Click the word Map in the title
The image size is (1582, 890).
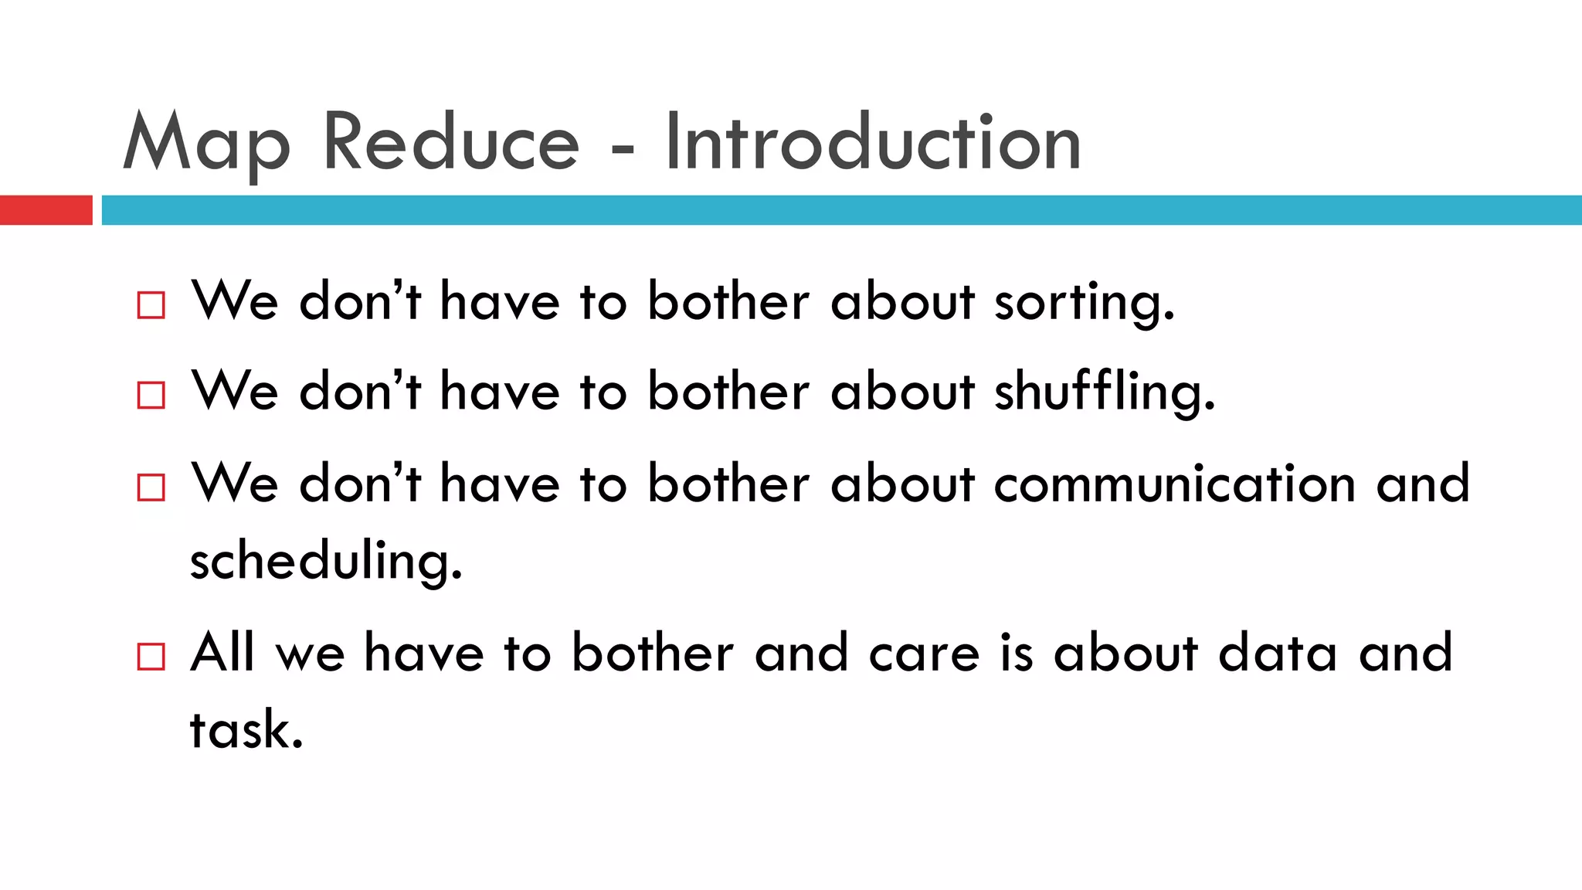[x=206, y=144]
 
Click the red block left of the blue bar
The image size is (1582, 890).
[x=46, y=210]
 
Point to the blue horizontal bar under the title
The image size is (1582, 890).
[x=841, y=210]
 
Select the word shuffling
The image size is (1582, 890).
[x=1105, y=392]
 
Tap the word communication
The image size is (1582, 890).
[x=1174, y=484]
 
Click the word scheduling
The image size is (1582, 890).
[x=326, y=561]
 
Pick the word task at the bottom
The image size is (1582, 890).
[x=246, y=729]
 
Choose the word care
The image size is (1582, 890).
[x=924, y=654]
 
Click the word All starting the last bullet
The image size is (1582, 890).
[x=222, y=652]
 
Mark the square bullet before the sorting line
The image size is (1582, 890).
[x=151, y=304]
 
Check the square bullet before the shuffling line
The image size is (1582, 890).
[x=151, y=395]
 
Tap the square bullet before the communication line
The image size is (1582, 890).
[x=151, y=487]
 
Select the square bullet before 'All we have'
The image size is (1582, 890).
[x=151, y=657]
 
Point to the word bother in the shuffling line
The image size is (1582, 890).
[x=728, y=392]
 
